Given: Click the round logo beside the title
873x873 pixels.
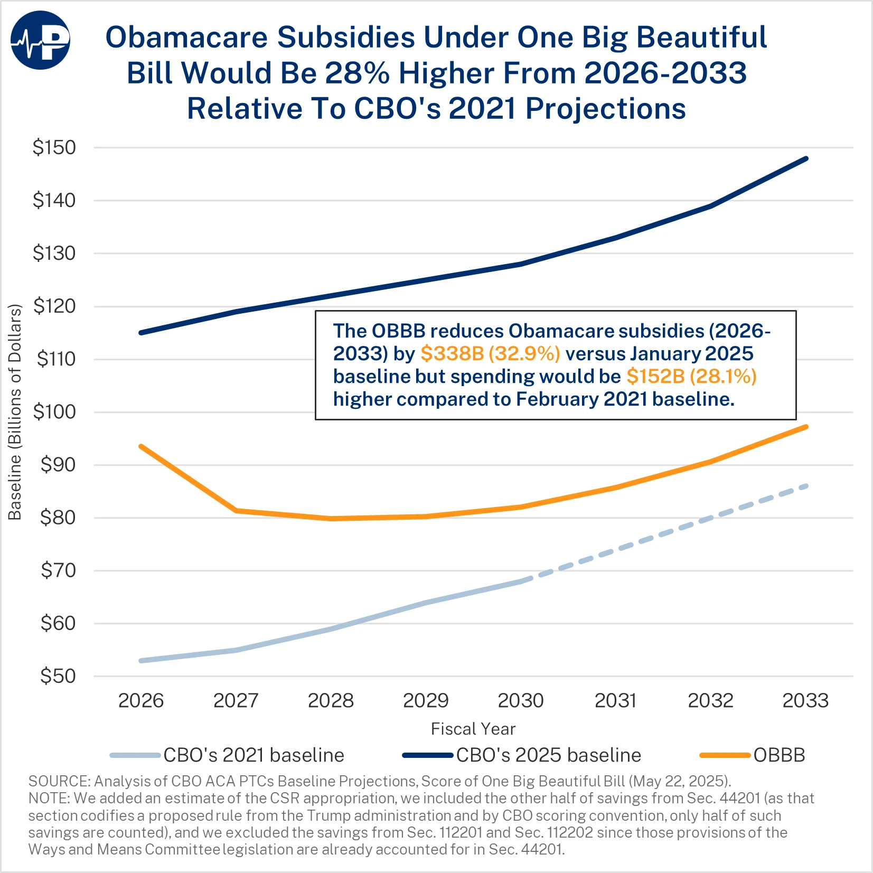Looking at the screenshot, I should click(x=40, y=40).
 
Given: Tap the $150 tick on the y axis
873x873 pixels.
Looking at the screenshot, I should click(x=54, y=147).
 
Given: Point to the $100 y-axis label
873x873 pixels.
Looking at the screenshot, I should click(x=54, y=412).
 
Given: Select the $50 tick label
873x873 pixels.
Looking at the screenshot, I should click(x=58, y=676).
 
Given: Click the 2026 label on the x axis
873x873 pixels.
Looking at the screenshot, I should click(x=140, y=701).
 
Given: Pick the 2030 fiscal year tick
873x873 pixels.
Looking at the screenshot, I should click(x=521, y=701).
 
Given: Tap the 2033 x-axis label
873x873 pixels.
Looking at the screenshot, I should click(x=805, y=701).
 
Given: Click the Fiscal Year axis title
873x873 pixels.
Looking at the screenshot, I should click(x=473, y=729).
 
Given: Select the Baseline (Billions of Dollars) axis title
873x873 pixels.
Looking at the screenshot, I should click(x=15, y=412).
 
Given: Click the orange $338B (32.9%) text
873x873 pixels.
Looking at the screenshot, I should click(x=490, y=353).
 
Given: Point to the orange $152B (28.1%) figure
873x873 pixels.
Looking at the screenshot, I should click(x=691, y=376).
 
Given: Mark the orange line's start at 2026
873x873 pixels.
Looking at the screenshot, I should click(x=140, y=446).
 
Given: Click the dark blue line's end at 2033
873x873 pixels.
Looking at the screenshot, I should click(x=806, y=158).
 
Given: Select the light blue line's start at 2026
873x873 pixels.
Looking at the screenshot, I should click(x=140, y=661).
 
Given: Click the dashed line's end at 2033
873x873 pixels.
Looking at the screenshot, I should click(x=806, y=486).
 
